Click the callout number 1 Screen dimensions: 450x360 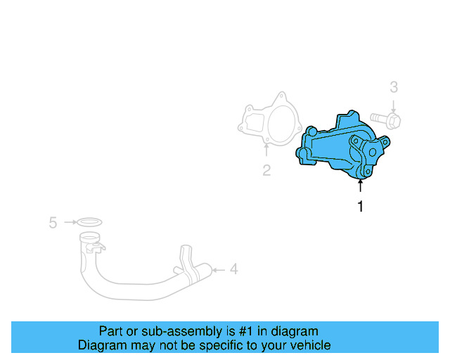click(361, 207)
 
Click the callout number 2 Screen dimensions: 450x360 click(266, 169)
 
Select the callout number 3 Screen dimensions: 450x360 click(394, 87)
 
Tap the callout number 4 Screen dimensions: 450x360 click(234, 269)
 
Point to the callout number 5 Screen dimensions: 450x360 click(53, 223)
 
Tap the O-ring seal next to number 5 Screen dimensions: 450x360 click(89, 223)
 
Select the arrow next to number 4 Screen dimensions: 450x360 click(219, 269)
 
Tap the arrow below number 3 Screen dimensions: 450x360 click(394, 105)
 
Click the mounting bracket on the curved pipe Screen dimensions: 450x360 click(186, 260)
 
